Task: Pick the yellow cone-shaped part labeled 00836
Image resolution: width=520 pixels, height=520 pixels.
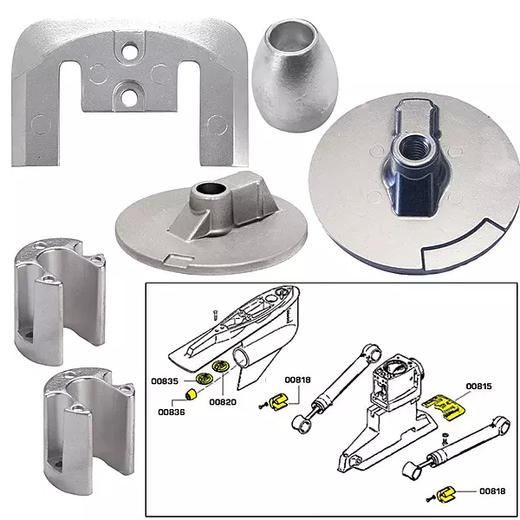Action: [185, 398]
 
